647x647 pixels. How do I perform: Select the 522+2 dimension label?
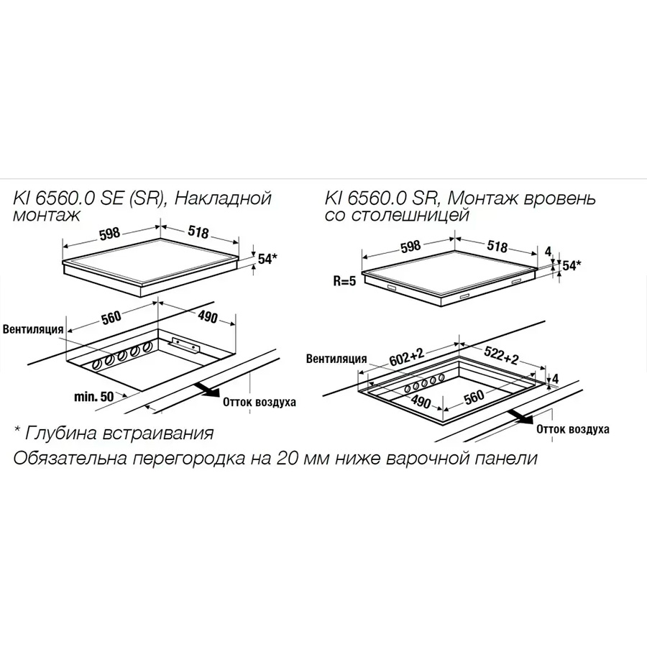pos(501,354)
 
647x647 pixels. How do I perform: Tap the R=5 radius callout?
pos(344,281)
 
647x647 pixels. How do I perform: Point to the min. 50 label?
pos(94,397)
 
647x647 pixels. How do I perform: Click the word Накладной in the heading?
pos(224,198)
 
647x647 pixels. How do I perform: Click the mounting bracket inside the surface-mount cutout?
pos(184,345)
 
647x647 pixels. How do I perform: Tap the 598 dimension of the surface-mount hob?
pos(110,233)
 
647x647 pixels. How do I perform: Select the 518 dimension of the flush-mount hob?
pos(497,246)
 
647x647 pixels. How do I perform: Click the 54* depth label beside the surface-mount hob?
pos(267,259)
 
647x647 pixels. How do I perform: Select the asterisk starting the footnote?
pos(17,429)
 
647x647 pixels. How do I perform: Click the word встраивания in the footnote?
pos(158,433)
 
